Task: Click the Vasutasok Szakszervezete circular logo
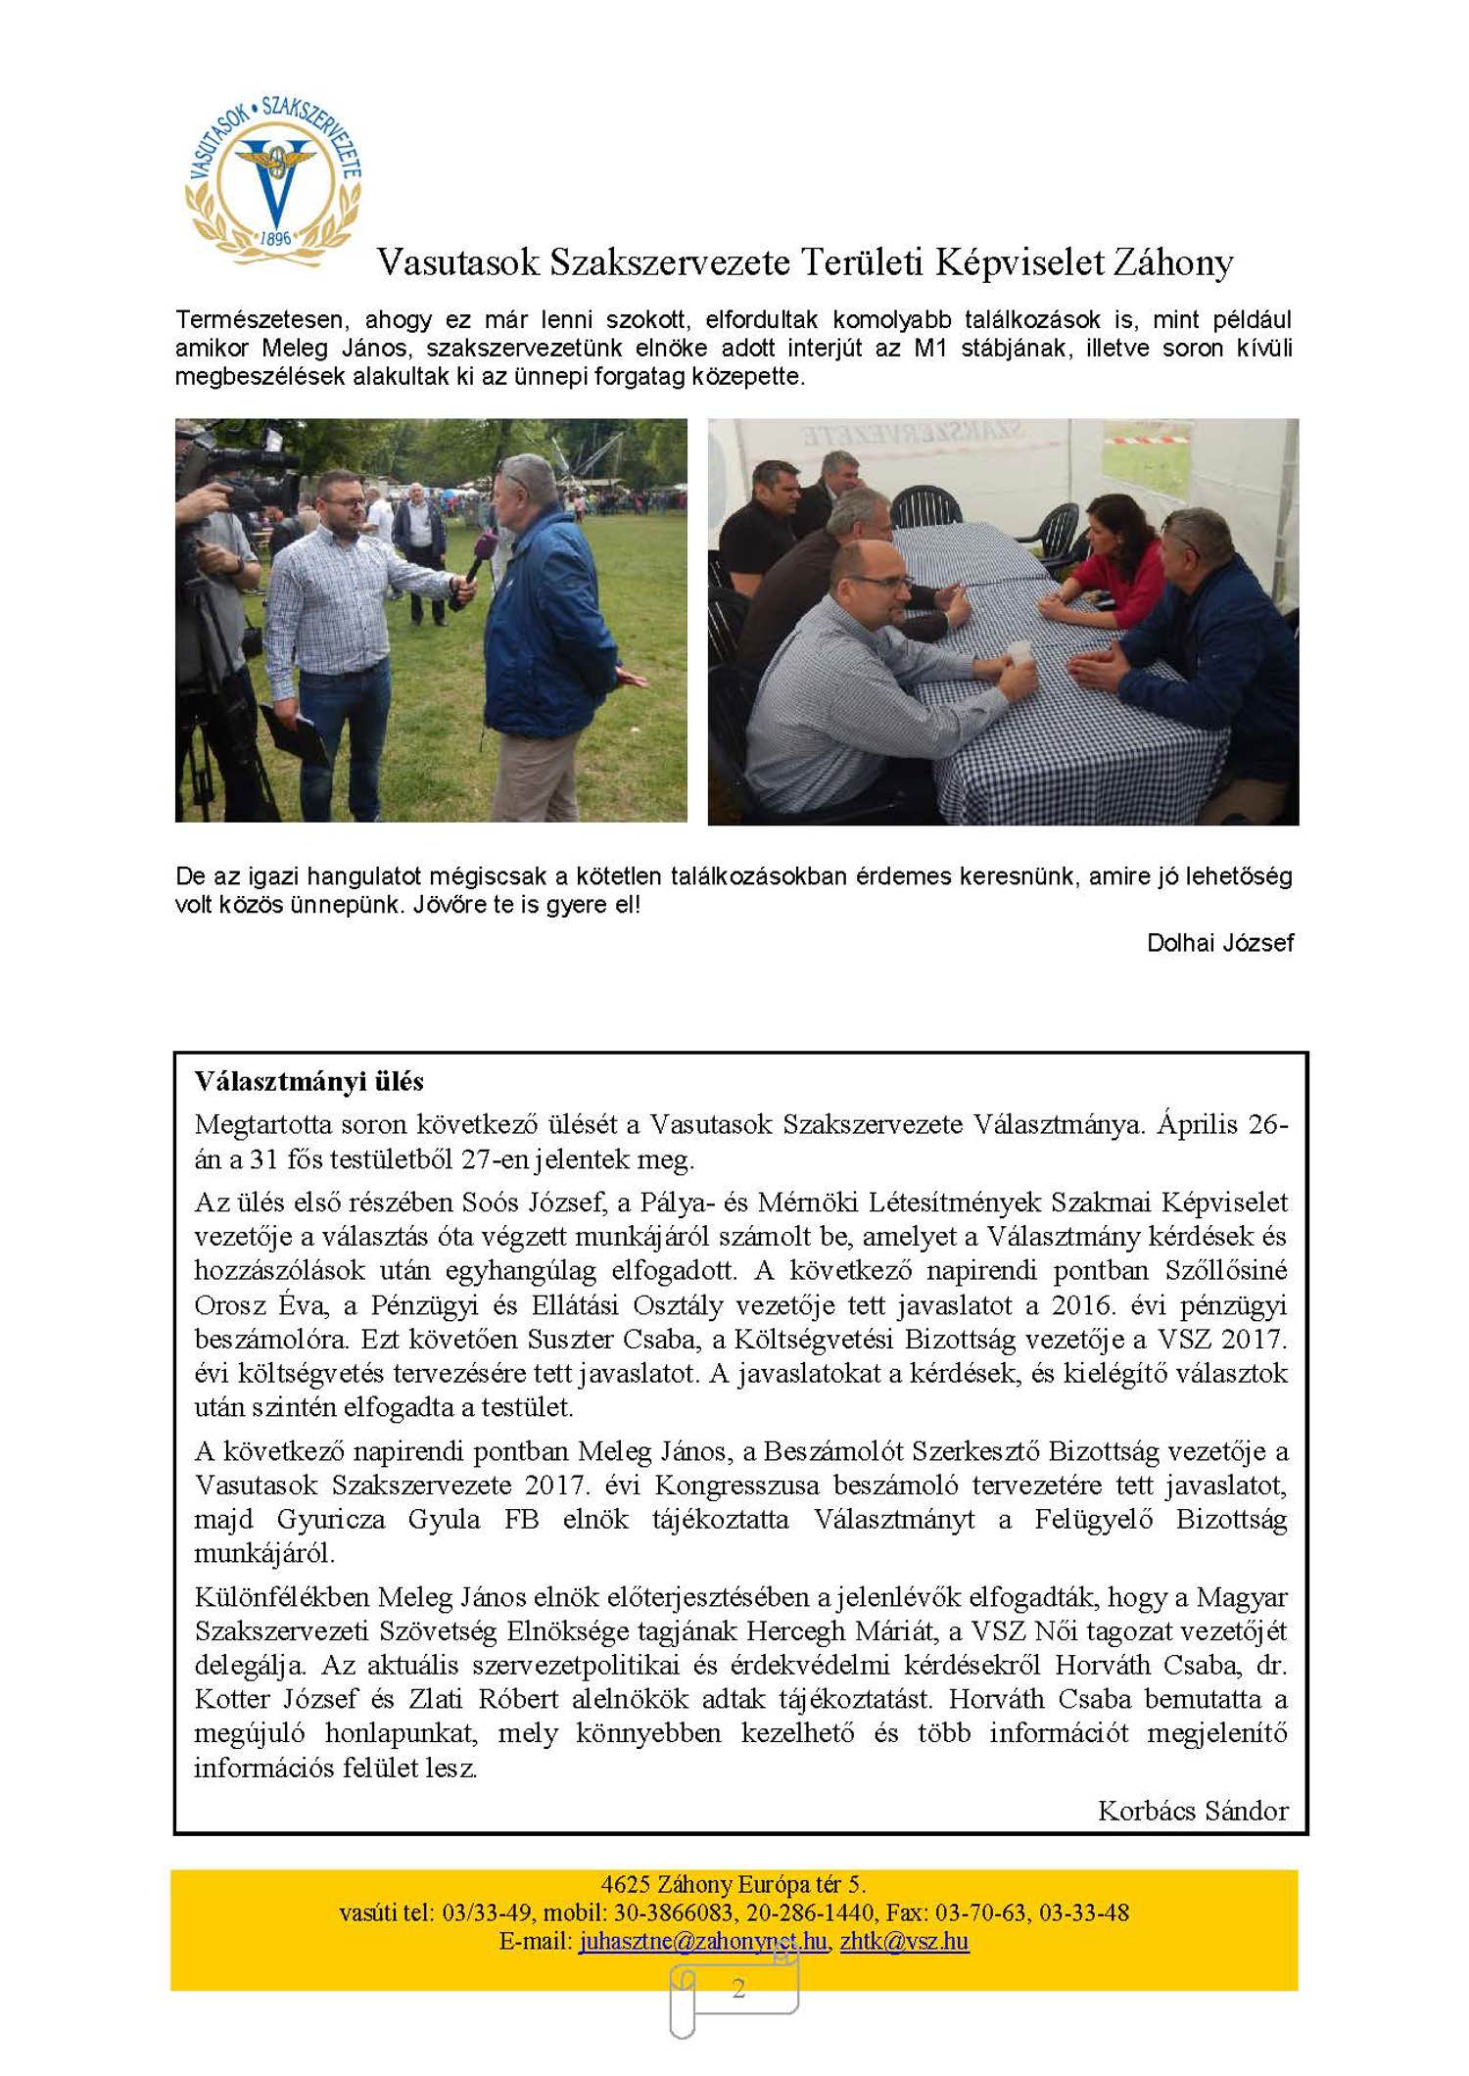(273, 181)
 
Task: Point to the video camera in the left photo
(240, 470)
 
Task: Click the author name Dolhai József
(1219, 943)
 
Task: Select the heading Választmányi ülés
(308, 1082)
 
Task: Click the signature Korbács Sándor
(1192, 1812)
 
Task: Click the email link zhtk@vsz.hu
(904, 1941)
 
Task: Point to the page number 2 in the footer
(738, 1988)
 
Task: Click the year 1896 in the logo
(275, 239)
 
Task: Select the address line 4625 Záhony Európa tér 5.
(734, 1884)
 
